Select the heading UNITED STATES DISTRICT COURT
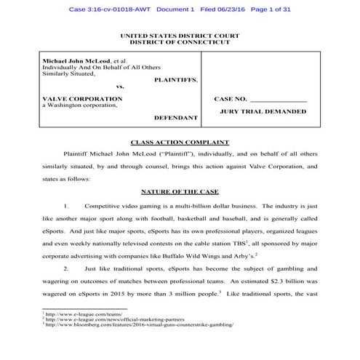179,36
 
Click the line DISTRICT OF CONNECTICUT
179,42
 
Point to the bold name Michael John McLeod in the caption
75,61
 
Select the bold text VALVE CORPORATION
81,97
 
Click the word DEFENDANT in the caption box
176,117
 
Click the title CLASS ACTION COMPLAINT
179,142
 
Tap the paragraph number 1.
65,207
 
